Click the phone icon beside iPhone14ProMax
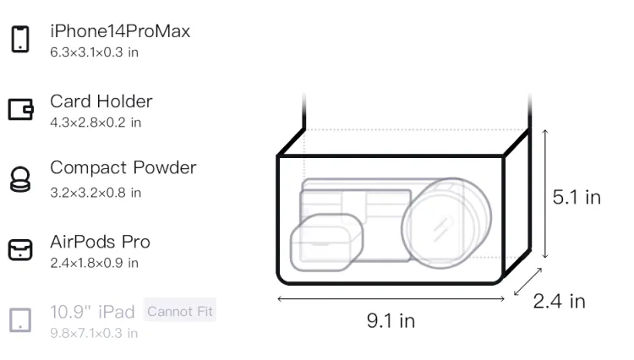[x=20, y=39]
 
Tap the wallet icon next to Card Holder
[x=20, y=109]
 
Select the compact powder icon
[x=20, y=179]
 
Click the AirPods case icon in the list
[x=20, y=249]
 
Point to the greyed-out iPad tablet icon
[x=20, y=320]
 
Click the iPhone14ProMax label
[x=120, y=31]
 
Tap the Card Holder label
[x=101, y=101]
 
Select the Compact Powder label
[x=123, y=167]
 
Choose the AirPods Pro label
[x=101, y=242]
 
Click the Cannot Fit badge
[x=180, y=311]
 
